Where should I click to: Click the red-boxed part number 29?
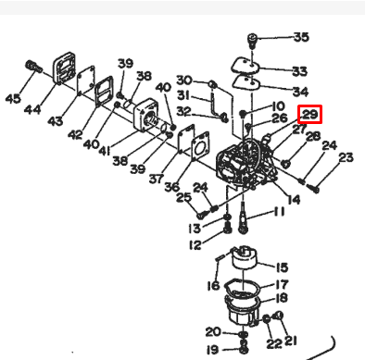(x=309, y=115)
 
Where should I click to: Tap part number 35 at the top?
(x=301, y=38)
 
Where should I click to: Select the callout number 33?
(x=299, y=70)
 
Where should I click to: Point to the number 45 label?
(x=13, y=99)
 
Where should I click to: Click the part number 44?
(x=31, y=110)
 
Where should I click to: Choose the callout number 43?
(x=55, y=121)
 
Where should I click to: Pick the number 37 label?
(x=157, y=179)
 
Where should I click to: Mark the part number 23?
(x=345, y=158)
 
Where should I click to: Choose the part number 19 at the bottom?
(x=212, y=349)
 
